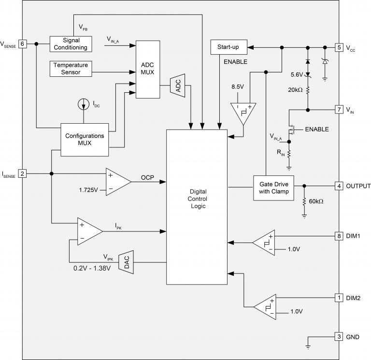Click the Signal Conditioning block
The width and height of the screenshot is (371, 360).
[71, 43]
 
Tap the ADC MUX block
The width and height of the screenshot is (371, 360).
[147, 69]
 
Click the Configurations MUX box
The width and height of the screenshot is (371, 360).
[85, 139]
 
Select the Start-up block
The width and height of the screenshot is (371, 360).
[228, 47]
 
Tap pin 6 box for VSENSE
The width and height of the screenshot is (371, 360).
[22, 43]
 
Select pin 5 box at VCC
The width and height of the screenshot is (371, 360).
[340, 47]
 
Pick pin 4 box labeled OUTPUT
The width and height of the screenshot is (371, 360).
[340, 186]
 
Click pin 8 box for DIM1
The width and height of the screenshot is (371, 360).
[340, 236]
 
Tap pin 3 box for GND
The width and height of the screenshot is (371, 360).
[340, 336]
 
